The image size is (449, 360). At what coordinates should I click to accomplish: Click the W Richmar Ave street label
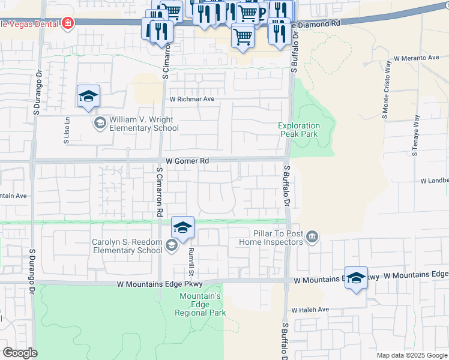point(191,100)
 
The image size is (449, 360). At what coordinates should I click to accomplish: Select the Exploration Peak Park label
point(299,130)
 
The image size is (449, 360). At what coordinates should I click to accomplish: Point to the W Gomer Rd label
point(187,161)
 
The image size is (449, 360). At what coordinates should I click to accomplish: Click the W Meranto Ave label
point(417,58)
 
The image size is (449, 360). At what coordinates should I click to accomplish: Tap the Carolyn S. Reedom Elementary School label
point(127,246)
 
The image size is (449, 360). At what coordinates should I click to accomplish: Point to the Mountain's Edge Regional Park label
point(200,304)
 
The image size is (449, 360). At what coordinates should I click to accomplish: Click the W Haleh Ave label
point(310,310)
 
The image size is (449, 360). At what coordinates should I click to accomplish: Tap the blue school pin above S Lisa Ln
point(88,97)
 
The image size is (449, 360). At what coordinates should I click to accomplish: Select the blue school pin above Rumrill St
point(182,227)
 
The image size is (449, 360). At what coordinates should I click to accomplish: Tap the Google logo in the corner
point(20,353)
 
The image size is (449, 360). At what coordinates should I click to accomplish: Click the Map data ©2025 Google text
point(411,355)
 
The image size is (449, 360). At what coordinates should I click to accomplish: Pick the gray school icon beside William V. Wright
point(99,124)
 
